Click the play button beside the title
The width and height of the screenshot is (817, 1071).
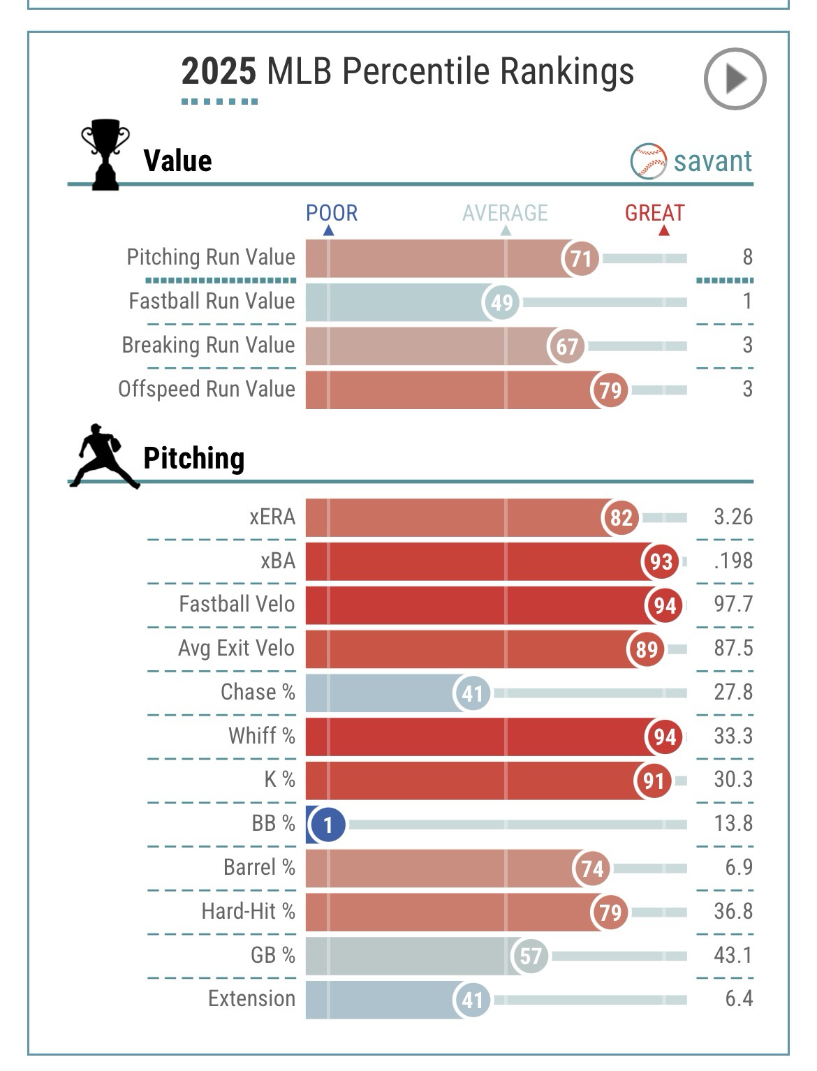click(x=735, y=78)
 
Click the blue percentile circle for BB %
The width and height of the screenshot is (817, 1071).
click(x=327, y=825)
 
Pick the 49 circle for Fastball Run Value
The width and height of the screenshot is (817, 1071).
click(x=501, y=302)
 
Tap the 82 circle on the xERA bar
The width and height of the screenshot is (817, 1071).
click(x=621, y=517)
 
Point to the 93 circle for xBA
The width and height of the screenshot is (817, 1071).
click(x=661, y=561)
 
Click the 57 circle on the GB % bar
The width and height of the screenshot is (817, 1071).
click(x=531, y=956)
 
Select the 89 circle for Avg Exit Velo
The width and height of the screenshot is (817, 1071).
click(x=646, y=649)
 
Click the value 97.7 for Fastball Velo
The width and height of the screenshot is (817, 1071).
click(x=733, y=604)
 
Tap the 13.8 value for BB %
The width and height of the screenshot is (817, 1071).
click(x=733, y=823)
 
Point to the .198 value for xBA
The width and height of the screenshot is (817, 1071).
click(x=733, y=561)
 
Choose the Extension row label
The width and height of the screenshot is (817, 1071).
click(x=251, y=998)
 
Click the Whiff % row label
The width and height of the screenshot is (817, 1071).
click(x=261, y=736)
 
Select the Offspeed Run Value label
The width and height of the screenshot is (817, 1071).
click(x=207, y=389)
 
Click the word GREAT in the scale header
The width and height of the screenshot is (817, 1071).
click(x=654, y=213)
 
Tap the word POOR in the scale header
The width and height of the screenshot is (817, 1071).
click(x=332, y=213)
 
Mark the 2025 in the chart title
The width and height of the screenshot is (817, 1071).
click(x=219, y=72)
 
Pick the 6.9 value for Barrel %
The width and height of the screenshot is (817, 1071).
click(x=739, y=867)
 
